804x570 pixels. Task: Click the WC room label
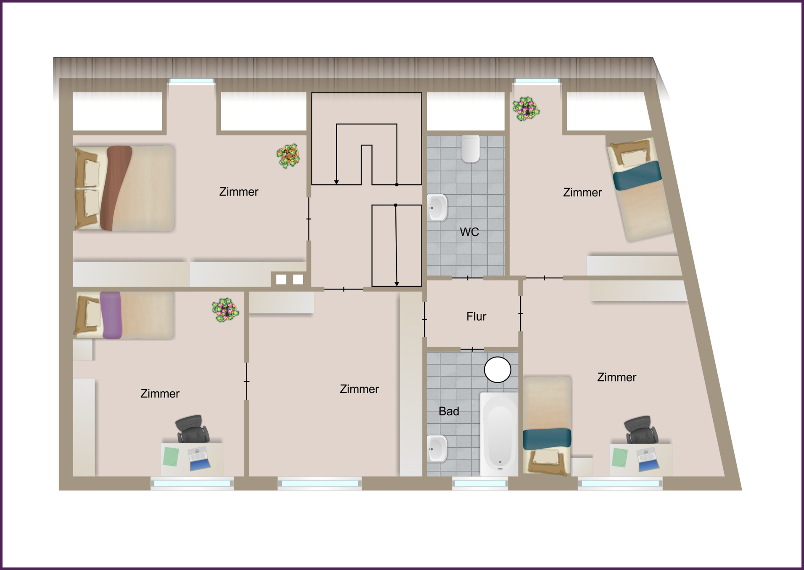pos(469,232)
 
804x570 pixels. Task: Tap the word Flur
pos(476,316)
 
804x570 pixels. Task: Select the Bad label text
pos(449,411)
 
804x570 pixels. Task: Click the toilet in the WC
pos(471,148)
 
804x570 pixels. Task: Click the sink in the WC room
pos(437,207)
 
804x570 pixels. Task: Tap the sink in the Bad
pos(437,449)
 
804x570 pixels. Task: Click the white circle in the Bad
pos(497,370)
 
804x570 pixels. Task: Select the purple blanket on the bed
pos(111,315)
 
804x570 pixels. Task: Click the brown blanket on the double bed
pos(115,188)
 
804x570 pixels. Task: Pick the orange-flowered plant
pos(288,156)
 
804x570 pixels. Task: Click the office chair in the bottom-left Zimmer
pos(193,429)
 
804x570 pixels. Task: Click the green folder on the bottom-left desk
pos(171,457)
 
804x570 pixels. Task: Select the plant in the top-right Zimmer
pos(526,109)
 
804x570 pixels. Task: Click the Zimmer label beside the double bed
pos(239,192)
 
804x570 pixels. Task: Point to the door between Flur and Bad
pos(472,349)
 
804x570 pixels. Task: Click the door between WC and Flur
pos(468,278)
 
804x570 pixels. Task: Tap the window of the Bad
pos(480,484)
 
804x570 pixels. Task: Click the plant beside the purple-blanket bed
pos(225,310)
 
